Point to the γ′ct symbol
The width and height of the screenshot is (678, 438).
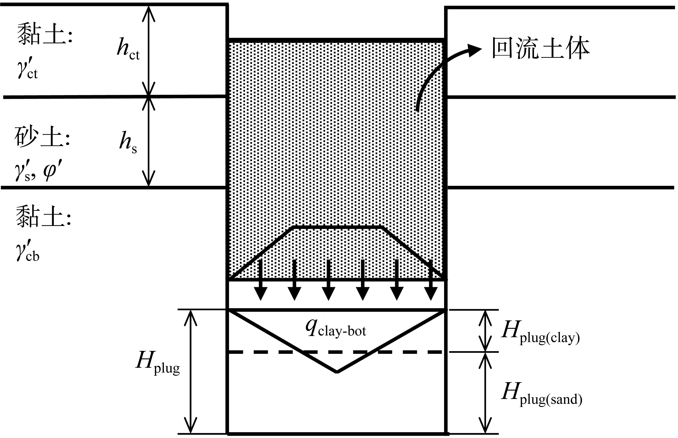pyautogui.click(x=27, y=68)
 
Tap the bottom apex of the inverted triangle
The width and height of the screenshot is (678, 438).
pyautogui.click(x=337, y=372)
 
